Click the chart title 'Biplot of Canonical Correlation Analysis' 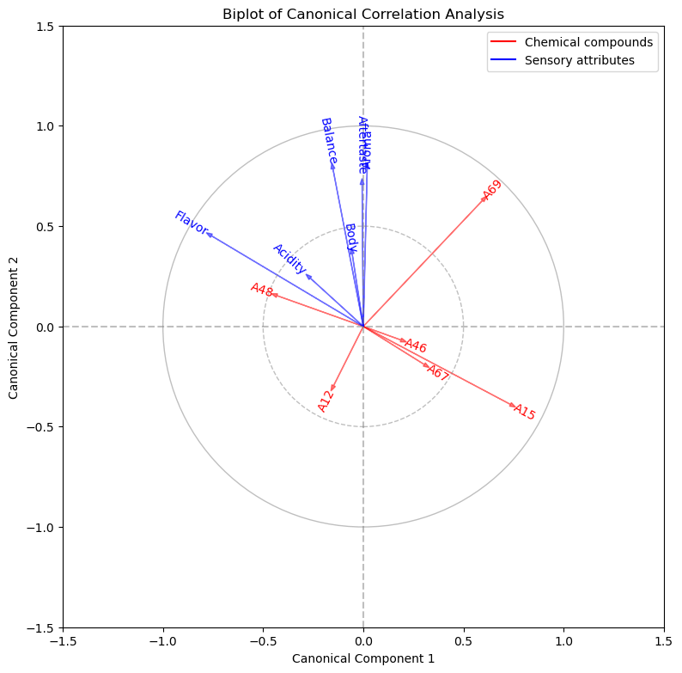(x=363, y=14)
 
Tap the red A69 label (x=492, y=190)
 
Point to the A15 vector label (x=525, y=413)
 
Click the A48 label (x=261, y=290)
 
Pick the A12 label (x=325, y=401)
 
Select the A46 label (x=416, y=346)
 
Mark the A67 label (x=438, y=373)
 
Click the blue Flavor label (x=191, y=223)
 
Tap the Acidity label (x=289, y=259)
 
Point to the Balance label (x=328, y=141)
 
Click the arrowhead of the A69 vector (x=487, y=198)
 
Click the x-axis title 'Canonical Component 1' (x=363, y=658)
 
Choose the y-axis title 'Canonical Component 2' (x=14, y=327)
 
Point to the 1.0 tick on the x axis (x=563, y=641)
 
